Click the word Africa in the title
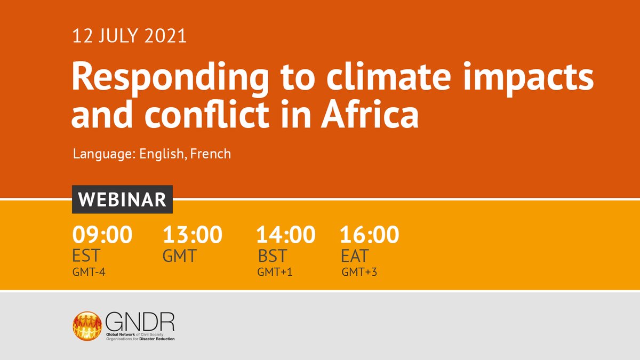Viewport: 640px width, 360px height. click(370, 116)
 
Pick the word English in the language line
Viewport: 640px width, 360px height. click(162, 154)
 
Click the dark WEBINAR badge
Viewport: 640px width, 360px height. click(122, 199)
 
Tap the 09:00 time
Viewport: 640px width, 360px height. click(102, 235)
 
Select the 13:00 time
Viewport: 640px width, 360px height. click(193, 235)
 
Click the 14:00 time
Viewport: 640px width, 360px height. click(285, 235)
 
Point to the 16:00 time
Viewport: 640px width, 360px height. click(369, 235)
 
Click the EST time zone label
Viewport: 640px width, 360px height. click(87, 255)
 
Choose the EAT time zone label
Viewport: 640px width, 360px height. click(355, 255)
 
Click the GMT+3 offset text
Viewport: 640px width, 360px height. click(360, 273)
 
